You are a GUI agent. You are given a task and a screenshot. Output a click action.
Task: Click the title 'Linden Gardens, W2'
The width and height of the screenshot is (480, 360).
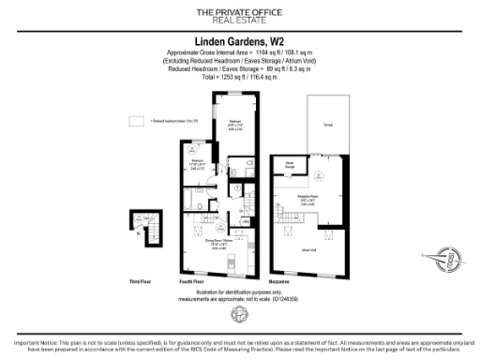click(x=239, y=42)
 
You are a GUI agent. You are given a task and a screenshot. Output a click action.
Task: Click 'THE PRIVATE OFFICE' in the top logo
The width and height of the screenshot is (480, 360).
click(x=239, y=11)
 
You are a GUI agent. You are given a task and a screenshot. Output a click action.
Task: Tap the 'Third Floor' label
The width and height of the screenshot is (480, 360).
click(x=142, y=280)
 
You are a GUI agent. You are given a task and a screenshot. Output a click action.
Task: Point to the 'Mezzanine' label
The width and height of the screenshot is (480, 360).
click(x=284, y=280)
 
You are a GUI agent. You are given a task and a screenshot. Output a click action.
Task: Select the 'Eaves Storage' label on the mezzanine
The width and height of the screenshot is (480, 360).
click(x=292, y=164)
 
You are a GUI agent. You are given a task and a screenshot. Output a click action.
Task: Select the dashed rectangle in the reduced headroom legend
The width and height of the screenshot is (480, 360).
click(x=138, y=121)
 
